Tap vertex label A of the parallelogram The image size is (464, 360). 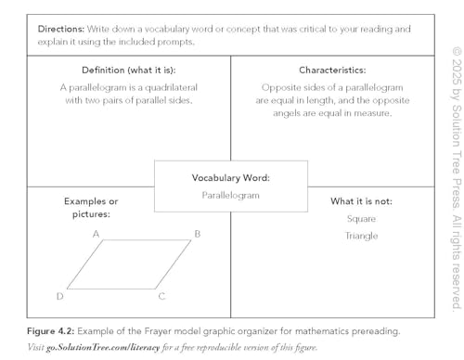coord(97,235)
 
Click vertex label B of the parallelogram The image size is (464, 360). coord(197,235)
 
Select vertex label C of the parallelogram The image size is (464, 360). coord(161,297)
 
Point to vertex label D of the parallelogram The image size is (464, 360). coord(60,297)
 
